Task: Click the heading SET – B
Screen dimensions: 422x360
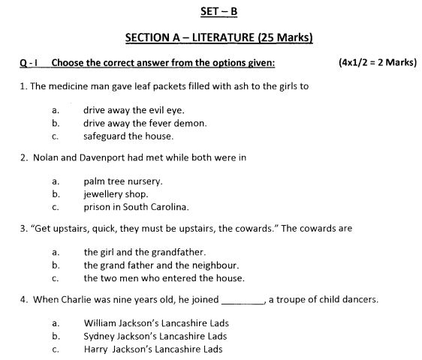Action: click(216, 11)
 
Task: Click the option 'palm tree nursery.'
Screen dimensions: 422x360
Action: click(123, 181)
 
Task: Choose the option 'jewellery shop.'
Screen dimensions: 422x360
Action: click(116, 193)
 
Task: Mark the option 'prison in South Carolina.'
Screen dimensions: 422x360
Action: click(136, 207)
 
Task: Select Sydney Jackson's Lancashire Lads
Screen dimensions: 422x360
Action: click(155, 336)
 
